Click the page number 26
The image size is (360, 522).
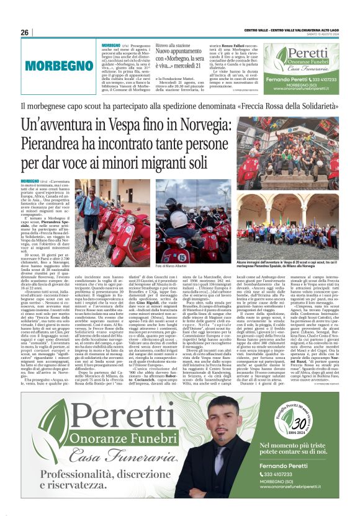[25, 32]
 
